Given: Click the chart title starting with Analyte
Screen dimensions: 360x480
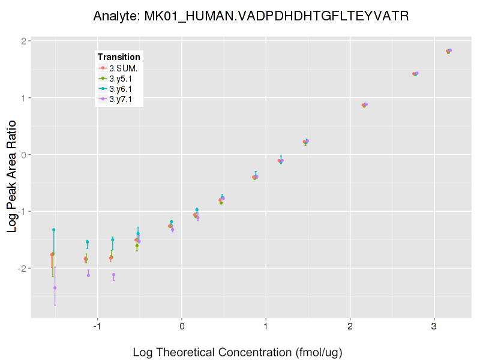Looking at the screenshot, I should coord(251,16).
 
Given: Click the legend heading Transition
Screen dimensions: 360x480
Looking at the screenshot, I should coord(119,57).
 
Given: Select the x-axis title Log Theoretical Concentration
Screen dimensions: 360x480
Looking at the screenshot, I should coord(237,352).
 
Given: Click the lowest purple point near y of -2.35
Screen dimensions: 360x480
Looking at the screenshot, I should coord(55,287).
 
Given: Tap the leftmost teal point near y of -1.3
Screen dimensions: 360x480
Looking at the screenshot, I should coord(53,230).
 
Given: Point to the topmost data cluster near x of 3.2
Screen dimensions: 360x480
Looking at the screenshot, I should coord(449,51).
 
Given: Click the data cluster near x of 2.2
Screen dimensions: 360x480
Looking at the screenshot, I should coord(365,105).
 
